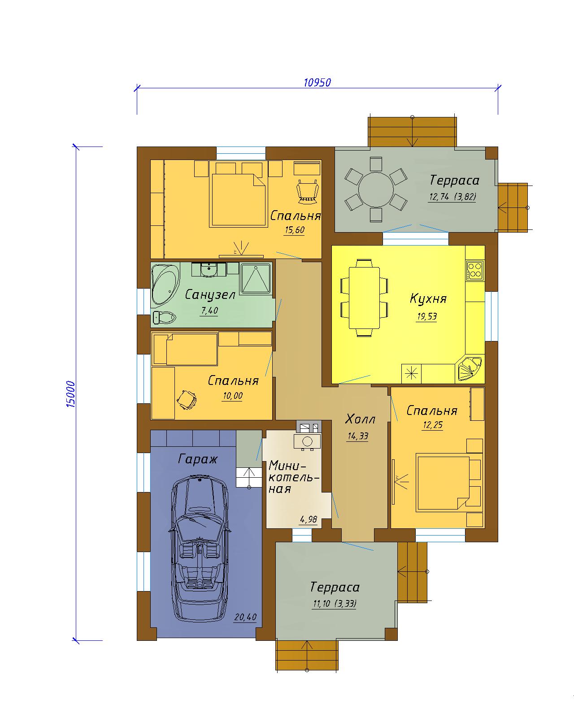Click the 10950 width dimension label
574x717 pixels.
pos(317,82)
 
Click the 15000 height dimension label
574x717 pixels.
pos(71,394)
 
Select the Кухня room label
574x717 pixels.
pos(428,298)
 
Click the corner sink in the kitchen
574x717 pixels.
pos(470,369)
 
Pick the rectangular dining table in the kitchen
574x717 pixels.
pos(364,298)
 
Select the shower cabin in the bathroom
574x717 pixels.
pos(256,279)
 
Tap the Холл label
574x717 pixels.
pos(360,419)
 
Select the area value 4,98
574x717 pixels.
pos(309,519)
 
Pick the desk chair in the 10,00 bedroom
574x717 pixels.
pos(187,399)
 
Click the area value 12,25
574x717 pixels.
pos(433,425)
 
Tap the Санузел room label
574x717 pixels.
pos(210,294)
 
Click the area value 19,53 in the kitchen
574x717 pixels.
pos(427,316)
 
